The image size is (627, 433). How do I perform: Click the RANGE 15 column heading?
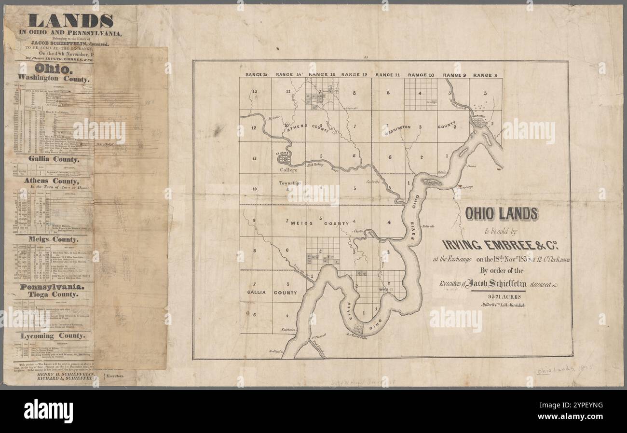tap(256, 75)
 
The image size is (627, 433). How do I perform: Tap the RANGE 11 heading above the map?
tap(388, 75)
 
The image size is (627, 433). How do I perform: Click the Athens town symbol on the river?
tap(285, 157)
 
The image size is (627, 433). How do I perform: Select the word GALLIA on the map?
tap(256, 293)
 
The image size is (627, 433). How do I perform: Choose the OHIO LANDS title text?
tap(501, 213)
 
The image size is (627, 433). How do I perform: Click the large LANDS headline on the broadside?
tap(70, 20)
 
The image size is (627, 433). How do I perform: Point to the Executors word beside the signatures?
tap(114, 375)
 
